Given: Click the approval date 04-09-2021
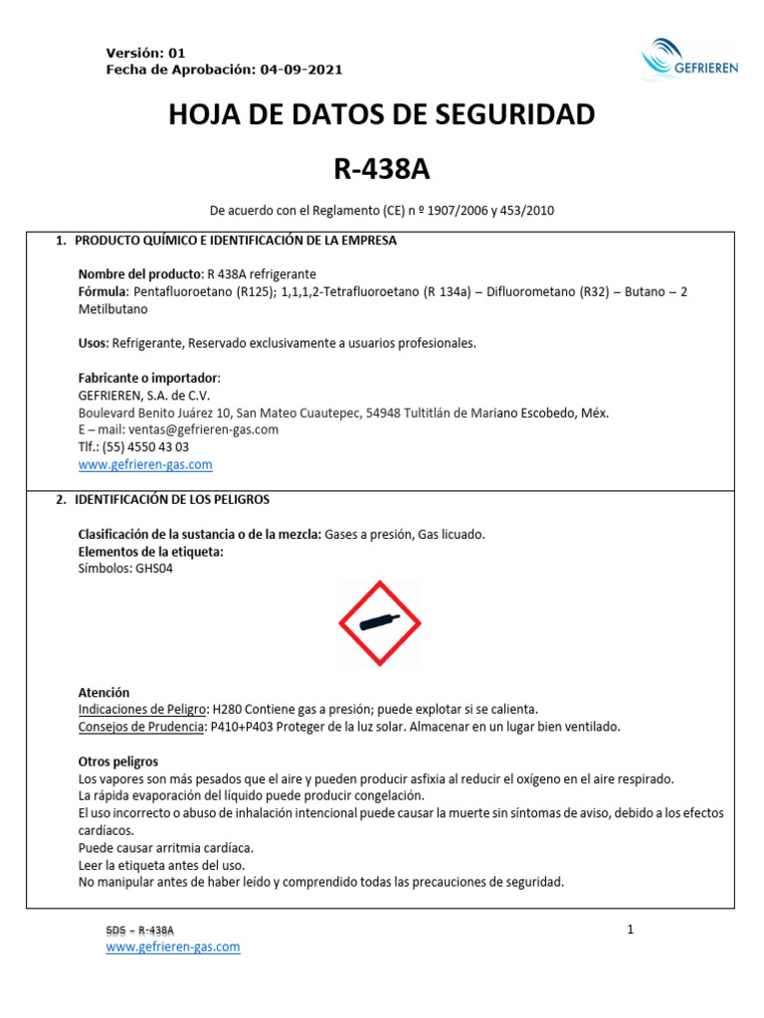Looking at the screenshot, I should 301,70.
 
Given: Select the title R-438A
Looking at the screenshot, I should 382,169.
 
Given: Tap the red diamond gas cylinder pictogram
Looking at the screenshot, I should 380,623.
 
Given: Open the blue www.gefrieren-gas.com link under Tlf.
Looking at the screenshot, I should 145,464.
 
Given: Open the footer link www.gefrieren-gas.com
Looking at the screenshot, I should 173,947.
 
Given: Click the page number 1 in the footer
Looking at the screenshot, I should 631,931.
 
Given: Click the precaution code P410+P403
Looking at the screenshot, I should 244,727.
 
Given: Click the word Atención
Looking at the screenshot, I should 103,692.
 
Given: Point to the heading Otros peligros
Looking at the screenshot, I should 118,762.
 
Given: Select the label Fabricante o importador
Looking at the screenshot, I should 147,378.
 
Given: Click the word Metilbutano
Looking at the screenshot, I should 115,308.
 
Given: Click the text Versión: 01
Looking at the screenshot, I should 145,53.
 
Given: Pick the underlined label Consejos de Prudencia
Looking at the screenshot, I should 140,727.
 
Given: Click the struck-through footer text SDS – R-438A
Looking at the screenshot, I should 140,931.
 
